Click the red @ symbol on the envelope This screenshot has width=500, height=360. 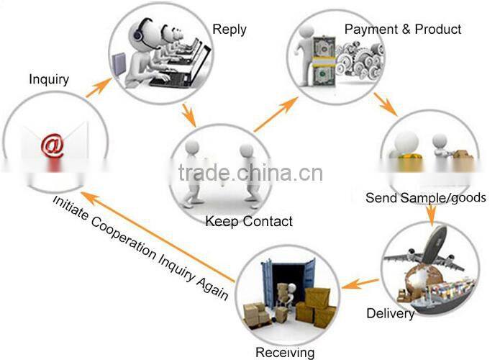click(x=53, y=145)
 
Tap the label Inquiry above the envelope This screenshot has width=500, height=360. click(x=49, y=79)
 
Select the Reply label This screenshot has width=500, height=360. click(x=229, y=30)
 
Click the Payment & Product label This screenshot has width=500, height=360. click(x=403, y=30)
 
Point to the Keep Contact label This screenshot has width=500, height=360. click(x=249, y=222)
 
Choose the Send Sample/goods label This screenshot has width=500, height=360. click(x=426, y=198)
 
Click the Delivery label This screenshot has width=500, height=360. click(x=391, y=313)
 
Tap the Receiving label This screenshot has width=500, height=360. click(x=285, y=352)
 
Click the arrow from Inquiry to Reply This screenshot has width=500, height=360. click(x=99, y=87)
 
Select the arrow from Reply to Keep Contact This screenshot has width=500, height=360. click(x=188, y=114)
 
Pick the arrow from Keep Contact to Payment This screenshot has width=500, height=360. click(x=276, y=114)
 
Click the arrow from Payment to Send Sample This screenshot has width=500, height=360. click(x=386, y=104)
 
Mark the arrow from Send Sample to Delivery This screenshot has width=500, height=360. click(x=431, y=215)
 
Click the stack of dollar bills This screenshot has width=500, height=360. click(x=324, y=61)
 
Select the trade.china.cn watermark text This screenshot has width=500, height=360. click(x=250, y=173)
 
